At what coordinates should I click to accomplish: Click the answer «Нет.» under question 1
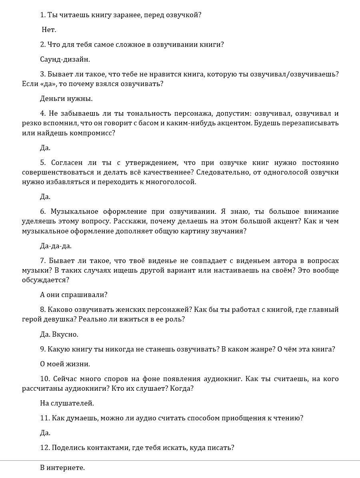point(49,30)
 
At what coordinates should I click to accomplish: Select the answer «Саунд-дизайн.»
point(65,59)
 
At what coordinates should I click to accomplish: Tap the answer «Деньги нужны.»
point(66,98)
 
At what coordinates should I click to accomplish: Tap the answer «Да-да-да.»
point(56,246)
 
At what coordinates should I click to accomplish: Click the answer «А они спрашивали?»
point(74,295)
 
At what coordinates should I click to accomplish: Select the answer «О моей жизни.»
point(65,364)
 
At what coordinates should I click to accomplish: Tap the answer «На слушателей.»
point(67,403)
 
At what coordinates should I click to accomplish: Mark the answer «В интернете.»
point(62,468)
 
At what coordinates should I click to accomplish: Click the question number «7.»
point(43,261)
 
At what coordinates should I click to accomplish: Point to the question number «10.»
point(45,379)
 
